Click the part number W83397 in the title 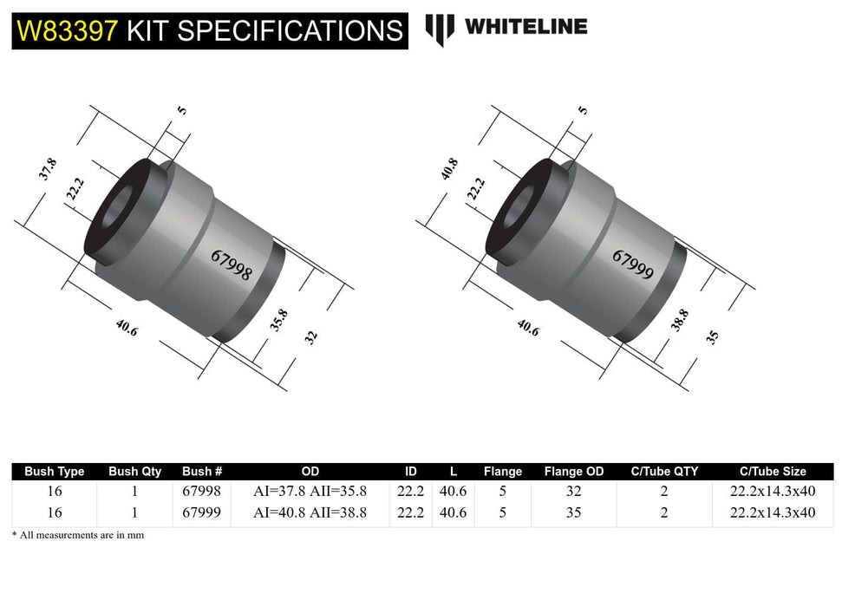(66, 30)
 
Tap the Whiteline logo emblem (440, 29)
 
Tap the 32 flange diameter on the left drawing (311, 338)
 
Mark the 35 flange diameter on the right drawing (713, 337)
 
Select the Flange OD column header (573, 472)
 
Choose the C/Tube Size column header (772, 472)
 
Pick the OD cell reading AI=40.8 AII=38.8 (310, 512)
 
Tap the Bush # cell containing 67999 (202, 512)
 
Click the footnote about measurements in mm (78, 535)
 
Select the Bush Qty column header (134, 472)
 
